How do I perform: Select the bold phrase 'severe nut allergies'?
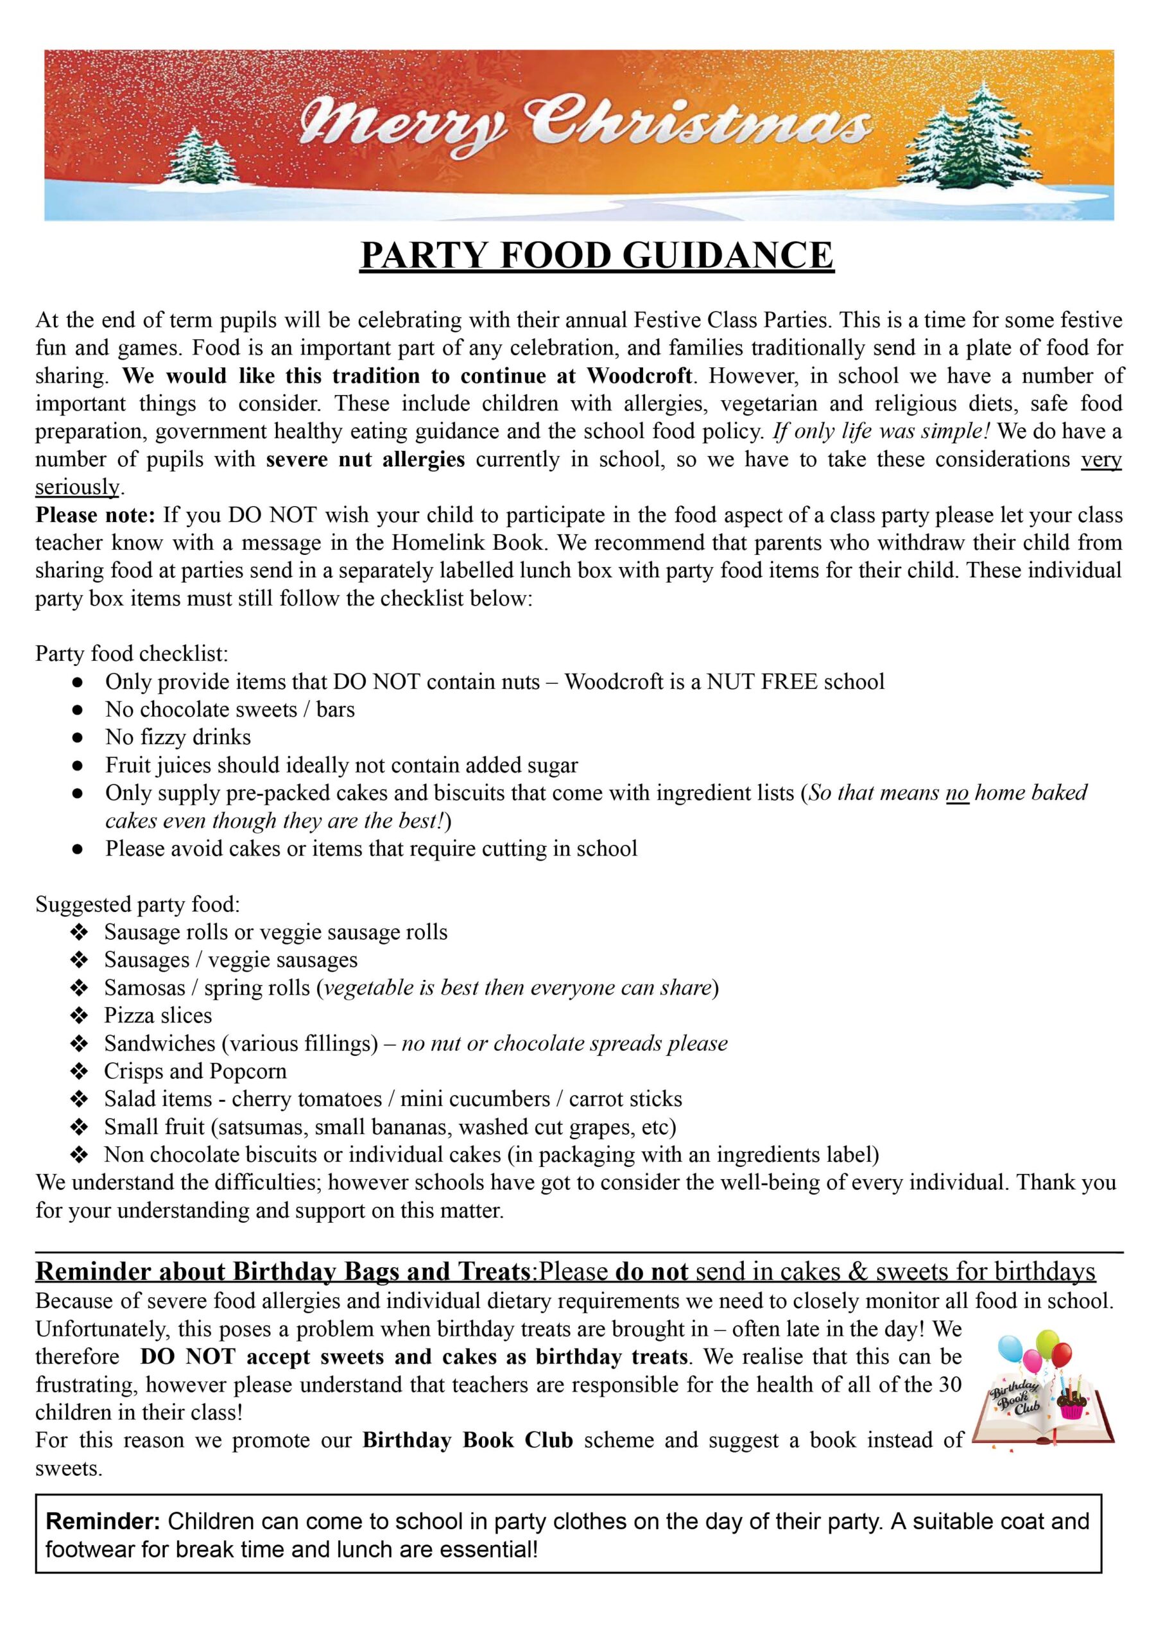pyautogui.click(x=365, y=459)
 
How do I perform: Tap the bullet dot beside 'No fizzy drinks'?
pyautogui.click(x=78, y=737)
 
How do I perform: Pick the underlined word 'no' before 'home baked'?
pyautogui.click(x=958, y=793)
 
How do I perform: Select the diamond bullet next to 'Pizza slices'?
pyautogui.click(x=78, y=1016)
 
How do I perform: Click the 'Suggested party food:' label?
pyautogui.click(x=137, y=904)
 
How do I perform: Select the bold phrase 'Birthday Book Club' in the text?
pyautogui.click(x=468, y=1440)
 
